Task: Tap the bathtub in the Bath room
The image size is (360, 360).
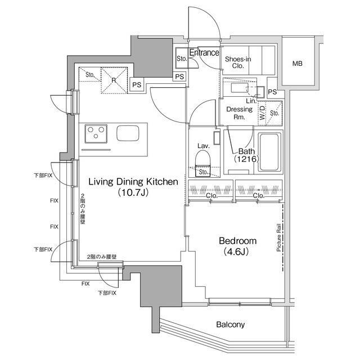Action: coord(270,152)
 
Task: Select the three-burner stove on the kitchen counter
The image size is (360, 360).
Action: coord(96,134)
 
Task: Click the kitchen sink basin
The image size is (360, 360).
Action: coord(128,133)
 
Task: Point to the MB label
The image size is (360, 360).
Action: coord(298,64)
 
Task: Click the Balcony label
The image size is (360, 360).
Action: coord(231,325)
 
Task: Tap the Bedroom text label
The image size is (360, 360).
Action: coord(237,241)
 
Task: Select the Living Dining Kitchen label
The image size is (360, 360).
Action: coord(133,182)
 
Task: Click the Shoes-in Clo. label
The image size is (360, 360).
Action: coord(238,62)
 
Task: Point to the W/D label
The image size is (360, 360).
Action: coord(263,112)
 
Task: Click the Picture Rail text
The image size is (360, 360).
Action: coord(279,237)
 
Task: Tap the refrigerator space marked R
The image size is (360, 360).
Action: coord(114,80)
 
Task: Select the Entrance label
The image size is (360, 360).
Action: coord(204,52)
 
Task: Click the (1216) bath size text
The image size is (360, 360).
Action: coord(246,159)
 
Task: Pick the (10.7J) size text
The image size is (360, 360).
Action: coord(133,192)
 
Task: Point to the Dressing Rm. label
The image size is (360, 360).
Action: coord(239,113)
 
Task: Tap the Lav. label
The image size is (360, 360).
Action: coord(204,146)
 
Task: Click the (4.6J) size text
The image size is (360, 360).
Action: coord(236,252)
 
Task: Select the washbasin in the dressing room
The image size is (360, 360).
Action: coord(240,88)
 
